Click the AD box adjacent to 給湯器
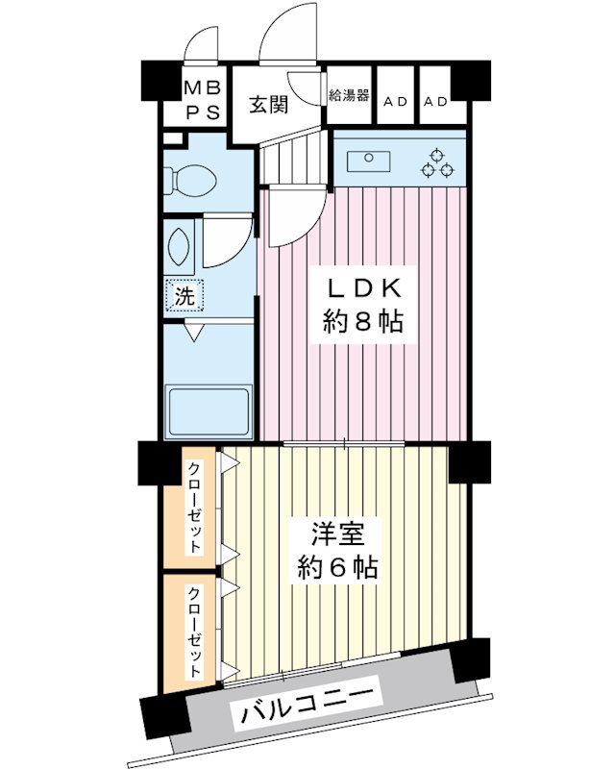[394, 101]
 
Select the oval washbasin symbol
[179, 248]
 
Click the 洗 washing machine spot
[183, 297]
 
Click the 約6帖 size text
[335, 566]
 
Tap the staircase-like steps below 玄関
[292, 158]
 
